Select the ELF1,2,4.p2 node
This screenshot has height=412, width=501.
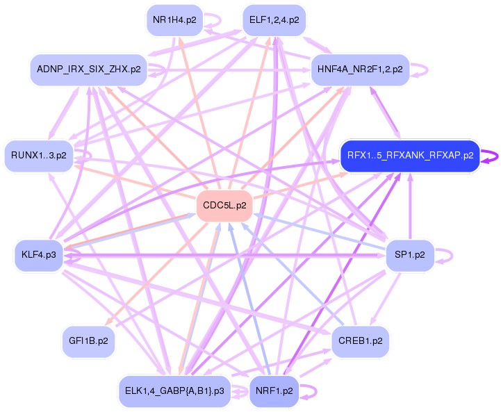(274, 20)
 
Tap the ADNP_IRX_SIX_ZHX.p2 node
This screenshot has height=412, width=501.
(88, 69)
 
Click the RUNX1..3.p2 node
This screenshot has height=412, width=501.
(39, 156)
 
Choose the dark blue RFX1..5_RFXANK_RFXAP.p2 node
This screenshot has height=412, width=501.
(410, 156)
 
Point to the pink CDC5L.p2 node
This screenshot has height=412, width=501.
(224, 205)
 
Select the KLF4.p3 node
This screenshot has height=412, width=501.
(38, 255)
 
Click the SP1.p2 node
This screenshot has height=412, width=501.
(409, 255)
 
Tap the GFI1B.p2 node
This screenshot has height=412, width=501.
(88, 341)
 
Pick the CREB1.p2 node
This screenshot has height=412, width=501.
(359, 341)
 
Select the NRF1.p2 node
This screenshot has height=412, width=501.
(274, 390)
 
